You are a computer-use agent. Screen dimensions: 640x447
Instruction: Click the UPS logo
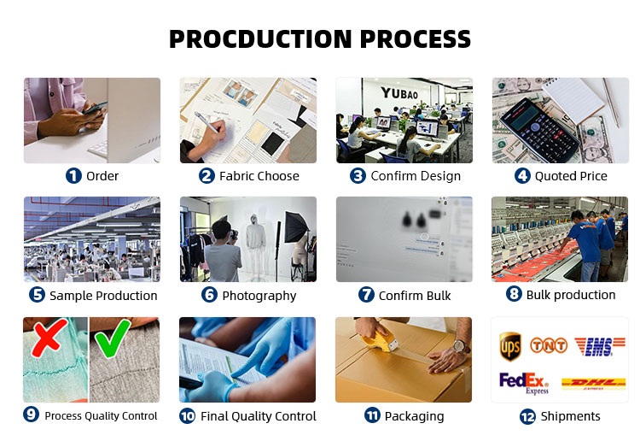pyautogui.click(x=510, y=346)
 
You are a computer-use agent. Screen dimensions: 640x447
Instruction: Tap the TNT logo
pyautogui.click(x=549, y=345)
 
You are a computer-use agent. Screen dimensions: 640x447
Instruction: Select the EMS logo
pyautogui.click(x=600, y=347)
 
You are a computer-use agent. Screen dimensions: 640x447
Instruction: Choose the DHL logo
pyautogui.click(x=593, y=384)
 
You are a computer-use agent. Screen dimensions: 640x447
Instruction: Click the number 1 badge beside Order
pyautogui.click(x=73, y=176)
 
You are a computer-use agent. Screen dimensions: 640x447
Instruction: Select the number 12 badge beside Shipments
pyautogui.click(x=527, y=417)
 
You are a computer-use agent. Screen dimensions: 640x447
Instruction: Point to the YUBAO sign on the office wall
pyautogui.click(x=399, y=93)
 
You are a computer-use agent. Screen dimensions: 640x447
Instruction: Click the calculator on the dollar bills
pyautogui.click(x=539, y=129)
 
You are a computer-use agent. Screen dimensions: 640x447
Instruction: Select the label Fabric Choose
pyautogui.click(x=259, y=176)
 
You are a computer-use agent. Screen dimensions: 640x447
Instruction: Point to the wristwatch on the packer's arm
pyautogui.click(x=461, y=346)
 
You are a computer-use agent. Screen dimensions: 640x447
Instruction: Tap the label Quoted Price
pyautogui.click(x=571, y=176)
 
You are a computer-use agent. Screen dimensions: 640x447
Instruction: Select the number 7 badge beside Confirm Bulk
pyautogui.click(x=366, y=295)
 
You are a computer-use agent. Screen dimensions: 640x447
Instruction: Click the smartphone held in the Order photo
pyautogui.click(x=95, y=108)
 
